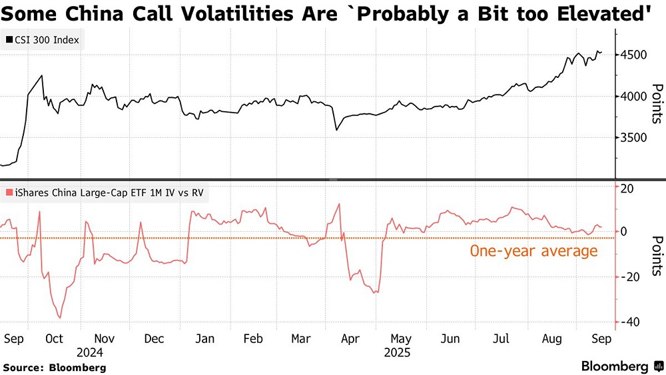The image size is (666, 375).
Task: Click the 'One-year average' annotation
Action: click(x=533, y=251)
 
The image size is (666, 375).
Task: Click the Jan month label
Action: click(x=205, y=338)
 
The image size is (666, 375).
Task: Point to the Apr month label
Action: click(x=350, y=338)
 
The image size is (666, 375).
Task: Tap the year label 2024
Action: click(x=89, y=352)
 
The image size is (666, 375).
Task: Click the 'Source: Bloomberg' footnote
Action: click(x=55, y=367)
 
